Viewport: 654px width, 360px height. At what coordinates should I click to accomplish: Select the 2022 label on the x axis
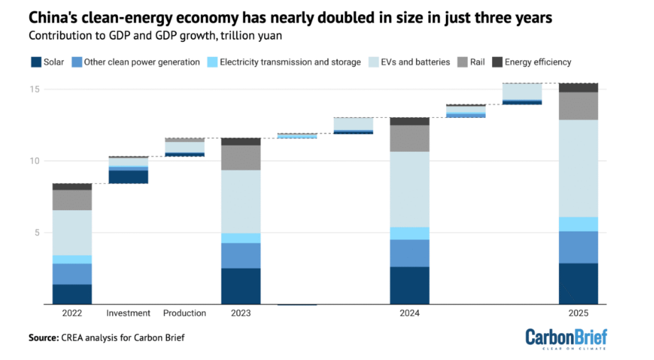72,313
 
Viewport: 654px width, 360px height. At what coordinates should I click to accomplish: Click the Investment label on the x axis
129,313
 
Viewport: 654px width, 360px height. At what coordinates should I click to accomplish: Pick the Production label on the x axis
185,313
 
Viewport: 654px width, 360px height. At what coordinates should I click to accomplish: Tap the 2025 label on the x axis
578,313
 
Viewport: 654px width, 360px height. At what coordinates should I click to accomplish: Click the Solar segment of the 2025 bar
578,283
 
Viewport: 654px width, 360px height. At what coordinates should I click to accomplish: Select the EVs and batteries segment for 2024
409,189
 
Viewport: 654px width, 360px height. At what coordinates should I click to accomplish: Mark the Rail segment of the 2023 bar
241,158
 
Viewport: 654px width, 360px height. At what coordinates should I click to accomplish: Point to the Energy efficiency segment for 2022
72,186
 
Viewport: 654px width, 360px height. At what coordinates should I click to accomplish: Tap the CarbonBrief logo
566,338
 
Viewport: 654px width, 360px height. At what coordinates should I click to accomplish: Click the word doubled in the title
315,15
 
